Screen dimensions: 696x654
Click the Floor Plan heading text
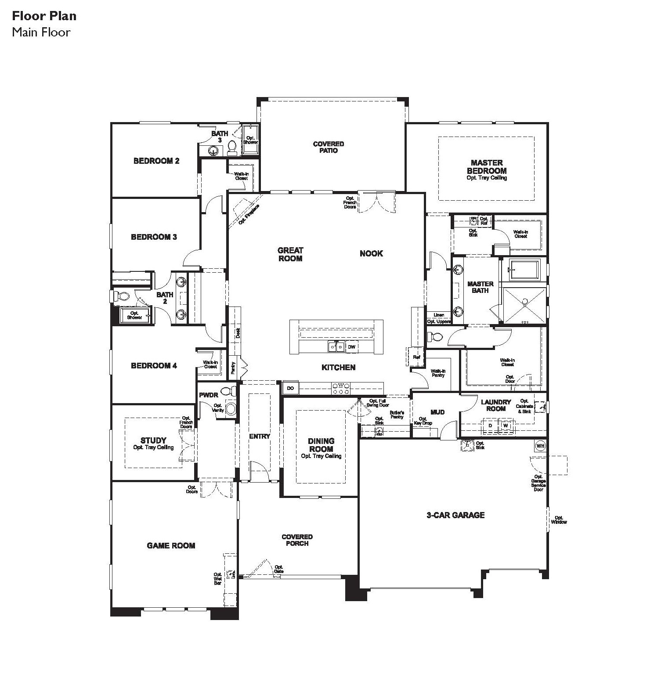click(44, 16)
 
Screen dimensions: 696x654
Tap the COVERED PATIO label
click(329, 147)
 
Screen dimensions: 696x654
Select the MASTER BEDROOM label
click(487, 167)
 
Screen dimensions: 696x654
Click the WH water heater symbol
click(540, 446)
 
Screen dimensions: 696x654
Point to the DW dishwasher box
click(351, 347)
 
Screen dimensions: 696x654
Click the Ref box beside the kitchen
click(416, 357)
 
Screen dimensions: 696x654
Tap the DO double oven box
click(290, 388)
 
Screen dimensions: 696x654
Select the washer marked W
click(506, 426)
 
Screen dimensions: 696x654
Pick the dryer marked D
click(491, 426)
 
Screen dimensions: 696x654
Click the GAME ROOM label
click(171, 545)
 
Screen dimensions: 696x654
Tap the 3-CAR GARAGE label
click(455, 515)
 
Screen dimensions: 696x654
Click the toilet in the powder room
click(227, 391)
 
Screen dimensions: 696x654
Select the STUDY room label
click(153, 440)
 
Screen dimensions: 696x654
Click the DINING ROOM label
click(321, 445)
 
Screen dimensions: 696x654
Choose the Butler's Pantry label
click(397, 415)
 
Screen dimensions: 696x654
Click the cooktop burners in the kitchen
click(341, 388)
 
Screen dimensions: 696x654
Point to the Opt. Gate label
click(279, 569)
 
